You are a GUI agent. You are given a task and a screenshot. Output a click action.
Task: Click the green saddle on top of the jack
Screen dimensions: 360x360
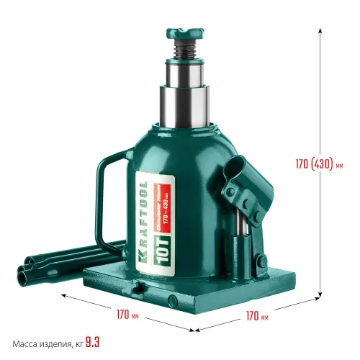(185, 34)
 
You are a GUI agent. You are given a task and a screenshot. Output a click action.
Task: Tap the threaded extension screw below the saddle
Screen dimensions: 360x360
(185, 49)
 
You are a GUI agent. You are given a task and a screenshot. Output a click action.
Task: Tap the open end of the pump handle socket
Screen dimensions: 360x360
(235, 166)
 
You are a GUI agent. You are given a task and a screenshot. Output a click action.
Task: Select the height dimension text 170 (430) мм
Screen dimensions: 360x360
(319, 164)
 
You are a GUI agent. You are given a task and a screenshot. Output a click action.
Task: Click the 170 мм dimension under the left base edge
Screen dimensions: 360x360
(127, 315)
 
